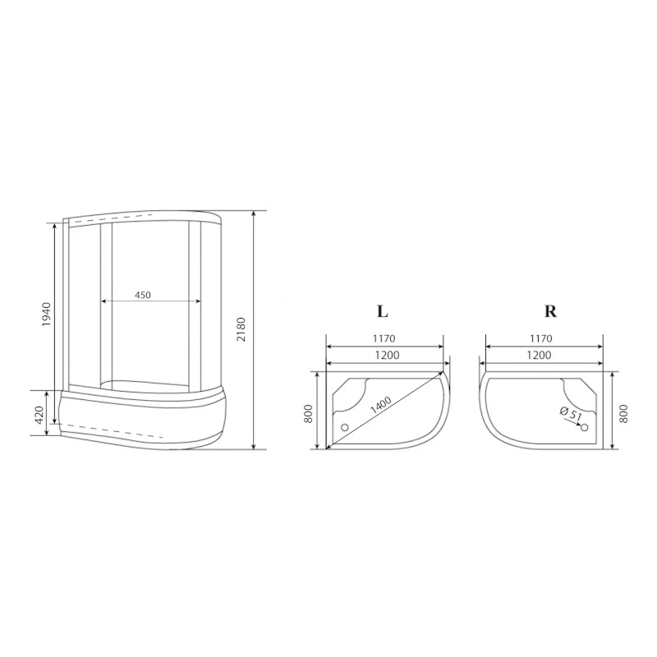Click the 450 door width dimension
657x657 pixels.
coord(143,295)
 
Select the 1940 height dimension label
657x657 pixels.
coord(46,315)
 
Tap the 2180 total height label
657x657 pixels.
coord(241,329)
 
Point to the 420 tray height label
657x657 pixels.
coord(39,415)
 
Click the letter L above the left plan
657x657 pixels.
coord(382,311)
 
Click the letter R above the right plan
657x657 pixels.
coord(550,311)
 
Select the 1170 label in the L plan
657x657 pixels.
coord(384,338)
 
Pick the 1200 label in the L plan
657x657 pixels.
coord(387,356)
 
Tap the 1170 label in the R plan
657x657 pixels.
coord(541,338)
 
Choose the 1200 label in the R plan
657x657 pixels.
coord(539,356)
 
